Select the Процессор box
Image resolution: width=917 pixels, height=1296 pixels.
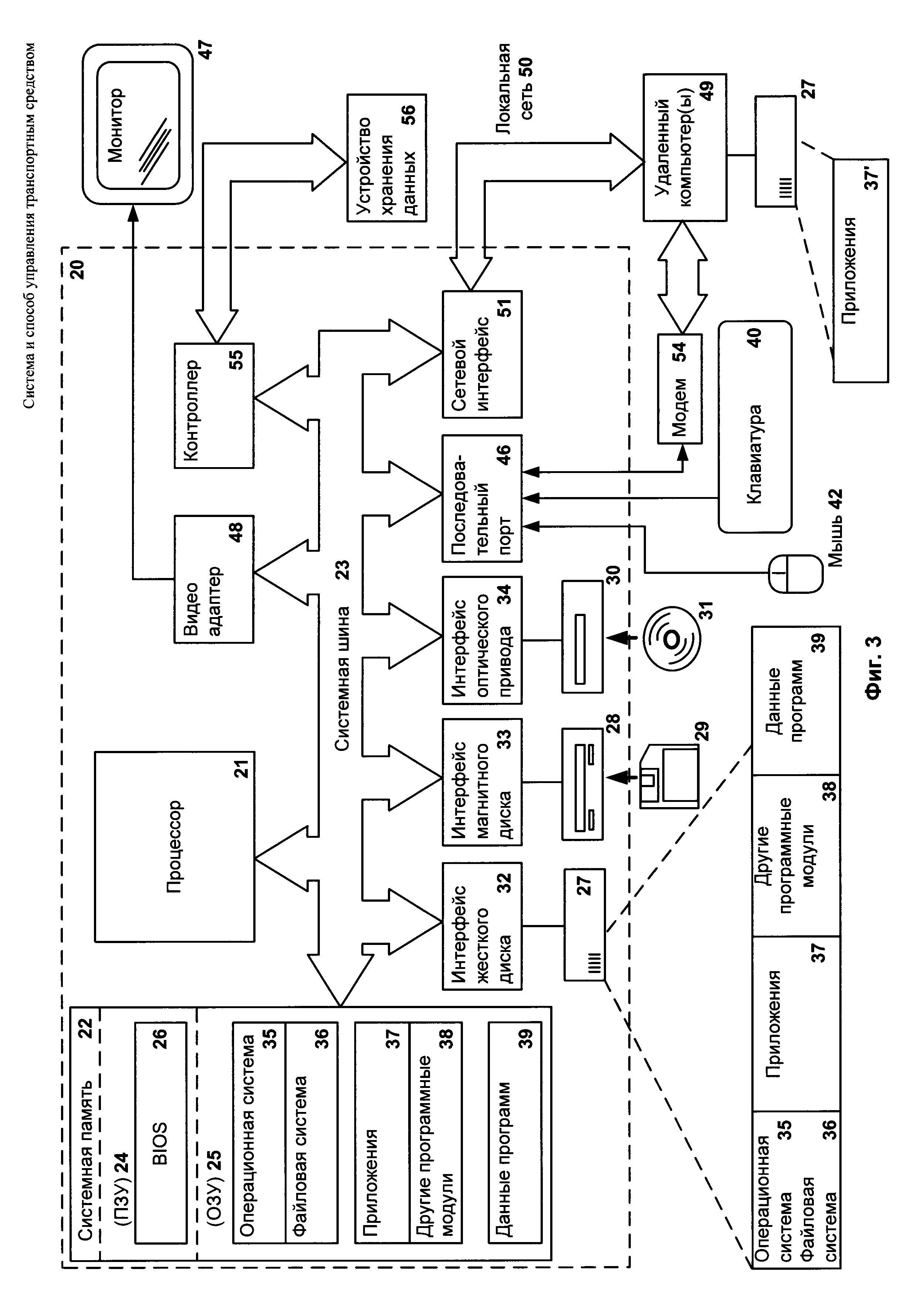175,846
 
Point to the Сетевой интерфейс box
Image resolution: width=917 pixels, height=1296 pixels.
482,354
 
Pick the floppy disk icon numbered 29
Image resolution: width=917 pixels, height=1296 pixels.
669,776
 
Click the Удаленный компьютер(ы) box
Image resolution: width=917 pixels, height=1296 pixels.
684,147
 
